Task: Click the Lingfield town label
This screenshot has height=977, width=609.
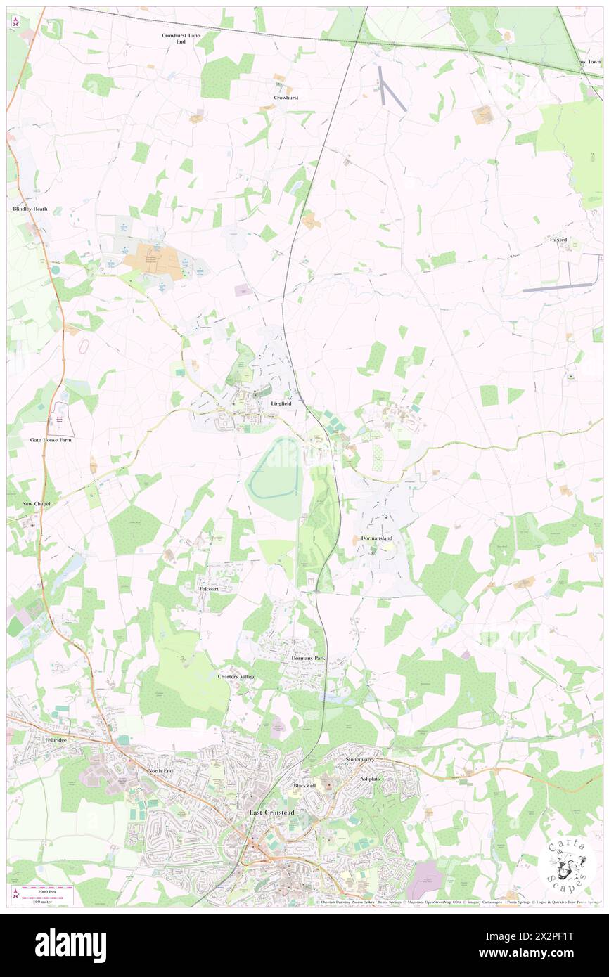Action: click(281, 404)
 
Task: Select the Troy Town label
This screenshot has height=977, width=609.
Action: click(589, 62)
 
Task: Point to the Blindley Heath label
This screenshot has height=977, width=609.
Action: click(30, 209)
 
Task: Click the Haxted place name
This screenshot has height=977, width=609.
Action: click(558, 240)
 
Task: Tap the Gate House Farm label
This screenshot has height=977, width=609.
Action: click(51, 439)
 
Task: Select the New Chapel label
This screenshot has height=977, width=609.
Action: click(37, 504)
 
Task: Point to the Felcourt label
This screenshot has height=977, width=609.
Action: click(210, 588)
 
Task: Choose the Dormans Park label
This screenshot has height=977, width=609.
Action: click(309, 658)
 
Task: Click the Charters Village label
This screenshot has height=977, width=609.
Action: click(236, 676)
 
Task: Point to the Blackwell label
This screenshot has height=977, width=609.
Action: click(304, 784)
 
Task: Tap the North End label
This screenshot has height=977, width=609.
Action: click(160, 771)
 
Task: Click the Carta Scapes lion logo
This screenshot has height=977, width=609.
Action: click(567, 864)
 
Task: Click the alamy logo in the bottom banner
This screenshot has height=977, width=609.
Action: click(70, 945)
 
